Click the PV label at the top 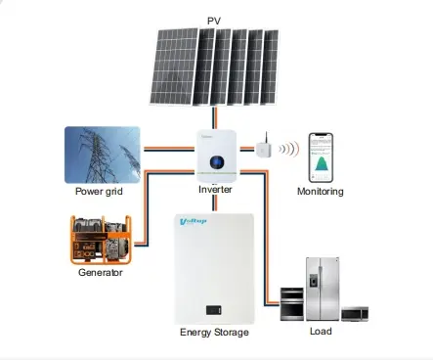(x=214, y=20)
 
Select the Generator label (x=101, y=272)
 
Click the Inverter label (x=215, y=189)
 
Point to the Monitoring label (x=321, y=191)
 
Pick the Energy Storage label (x=214, y=333)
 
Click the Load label (x=321, y=331)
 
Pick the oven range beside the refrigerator (x=292, y=303)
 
